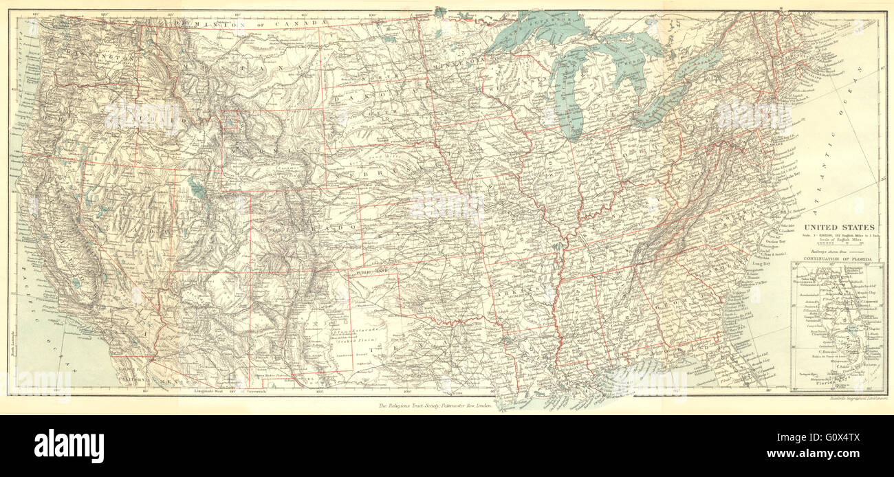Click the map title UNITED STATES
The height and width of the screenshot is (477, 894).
(840, 228)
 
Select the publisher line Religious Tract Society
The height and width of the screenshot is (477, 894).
(435, 406)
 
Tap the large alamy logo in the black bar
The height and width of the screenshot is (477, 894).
(69, 446)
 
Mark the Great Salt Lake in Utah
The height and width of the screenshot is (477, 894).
(197, 188)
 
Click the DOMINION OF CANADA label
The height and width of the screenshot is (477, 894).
(251, 23)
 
